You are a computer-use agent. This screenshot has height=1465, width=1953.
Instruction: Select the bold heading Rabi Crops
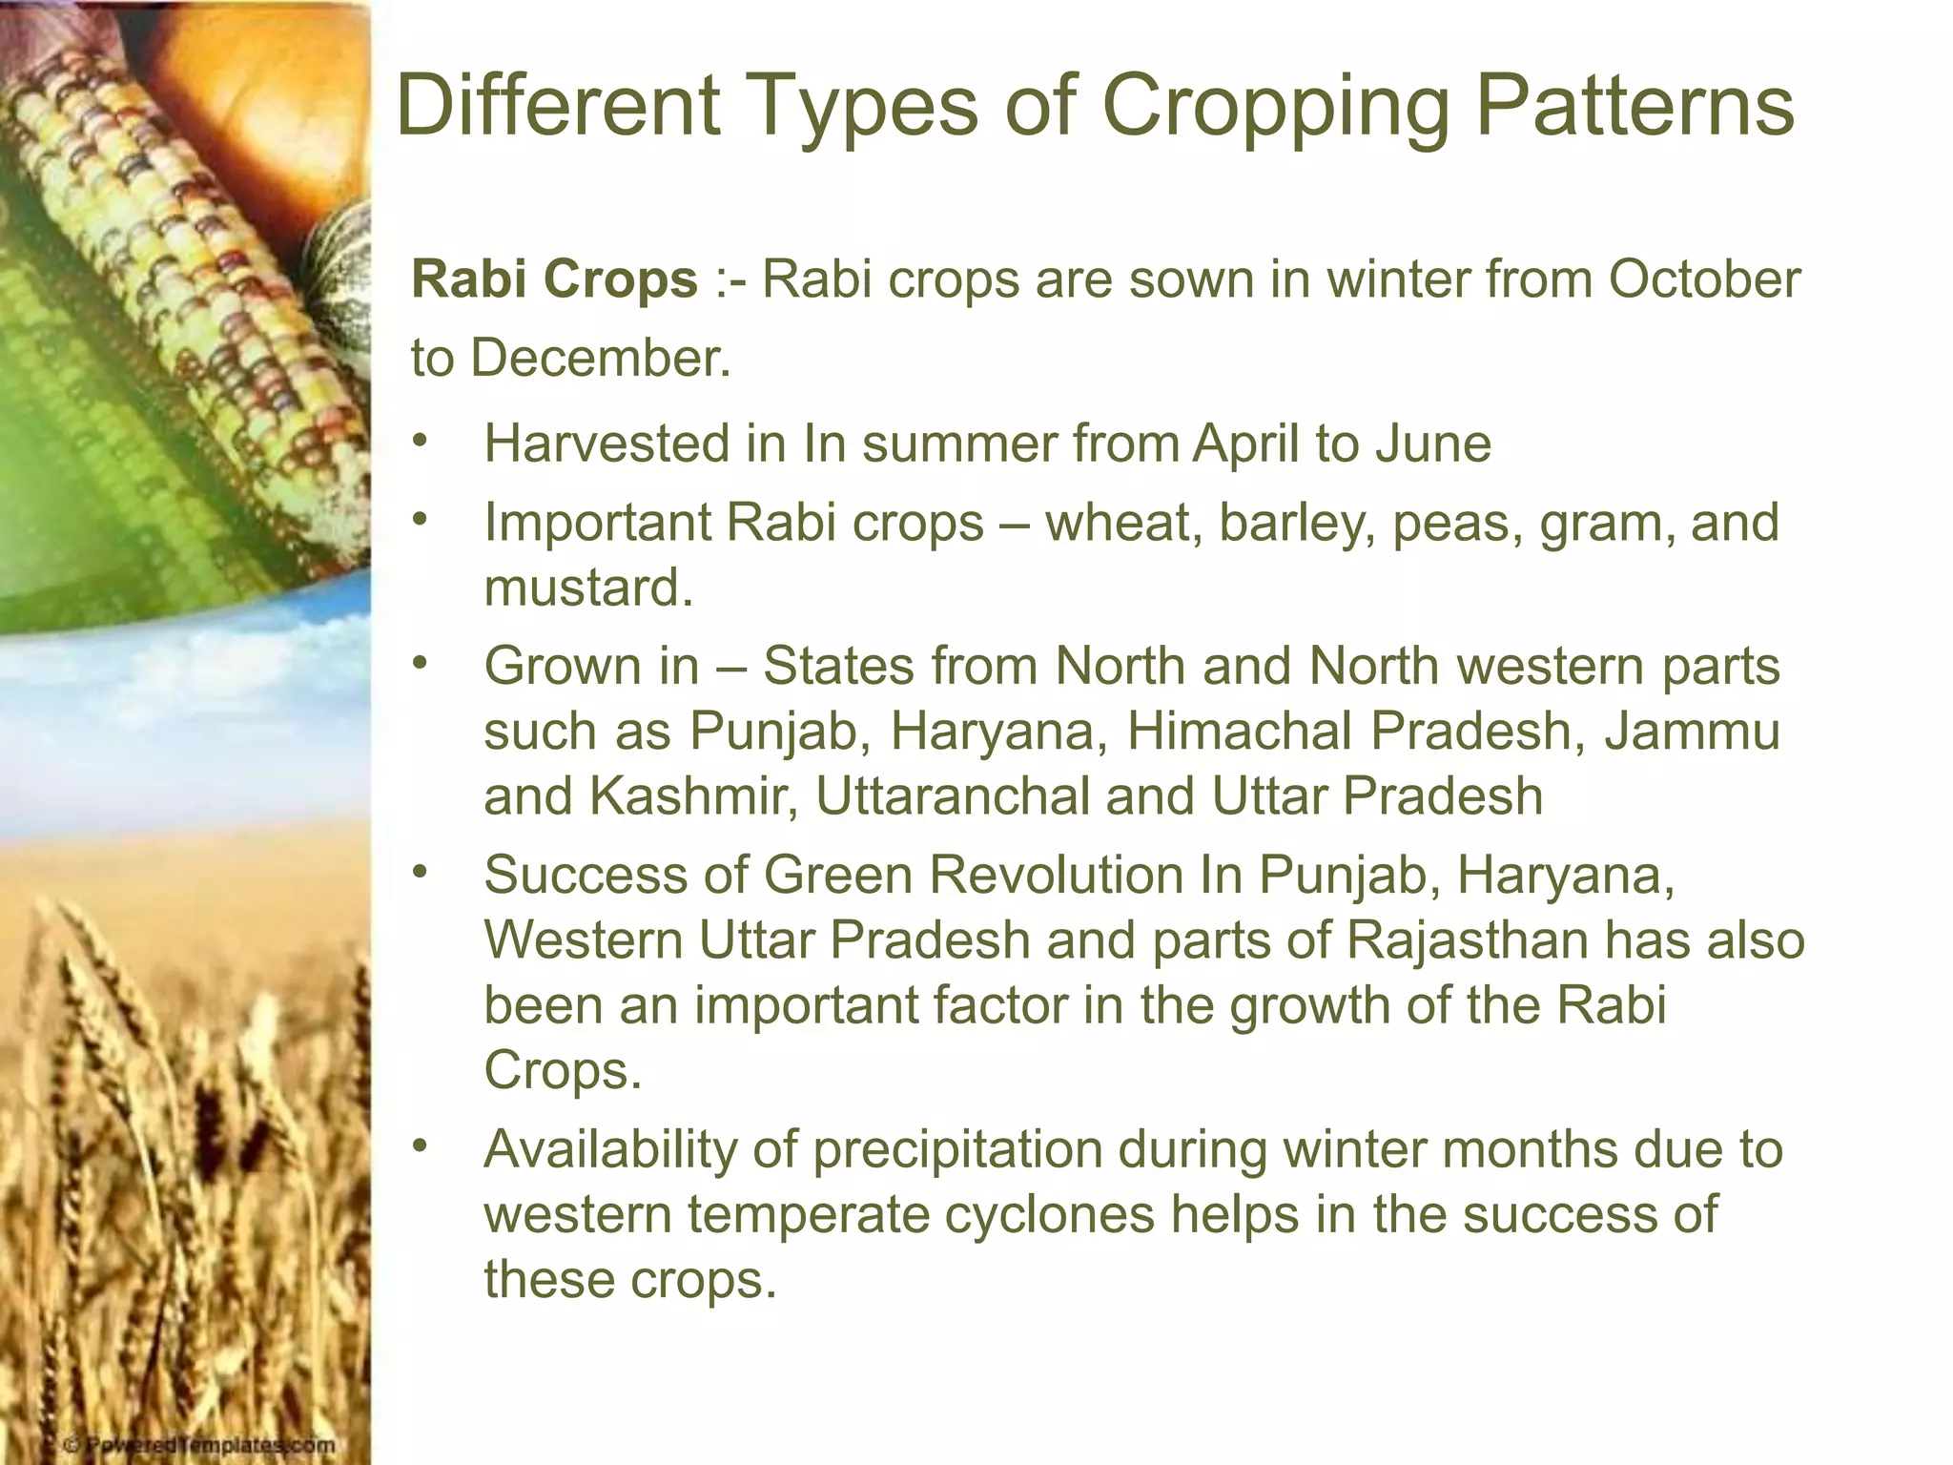554,280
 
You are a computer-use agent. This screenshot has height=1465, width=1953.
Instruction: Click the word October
1704,280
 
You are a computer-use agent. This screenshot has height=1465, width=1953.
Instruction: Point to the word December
600,359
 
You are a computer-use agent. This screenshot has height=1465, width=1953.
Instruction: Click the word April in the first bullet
1245,445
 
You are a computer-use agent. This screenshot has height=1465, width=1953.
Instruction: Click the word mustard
587,588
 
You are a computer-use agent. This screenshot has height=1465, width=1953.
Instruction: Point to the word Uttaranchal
953,796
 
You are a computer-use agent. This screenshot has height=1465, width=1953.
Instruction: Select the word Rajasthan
1468,940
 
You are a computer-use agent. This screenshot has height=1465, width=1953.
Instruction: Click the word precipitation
957,1149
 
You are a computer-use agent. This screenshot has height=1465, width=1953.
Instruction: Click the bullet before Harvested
421,442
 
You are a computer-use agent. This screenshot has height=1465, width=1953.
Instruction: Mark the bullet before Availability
421,1146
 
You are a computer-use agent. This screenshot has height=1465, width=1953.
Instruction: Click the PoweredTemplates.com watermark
199,1445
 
